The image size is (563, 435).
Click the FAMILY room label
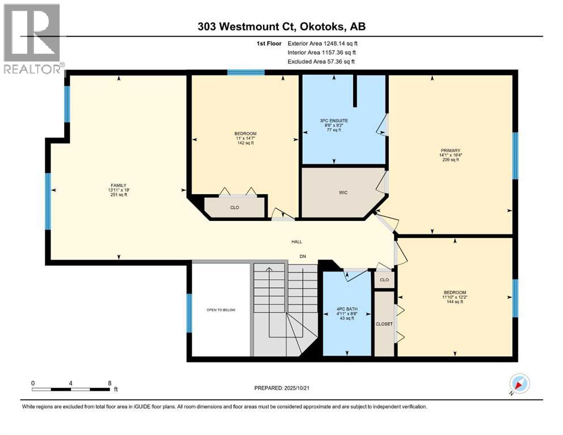tap(118, 185)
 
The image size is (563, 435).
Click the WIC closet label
tap(343, 193)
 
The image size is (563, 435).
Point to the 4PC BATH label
tap(348, 309)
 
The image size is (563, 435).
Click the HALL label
tap(297, 242)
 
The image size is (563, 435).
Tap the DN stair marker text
tap(303, 255)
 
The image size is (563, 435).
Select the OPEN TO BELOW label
tap(221, 310)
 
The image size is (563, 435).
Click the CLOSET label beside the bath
tap(384, 324)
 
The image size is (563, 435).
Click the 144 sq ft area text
tap(454, 302)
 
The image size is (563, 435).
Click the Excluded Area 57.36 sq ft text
tap(323, 61)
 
